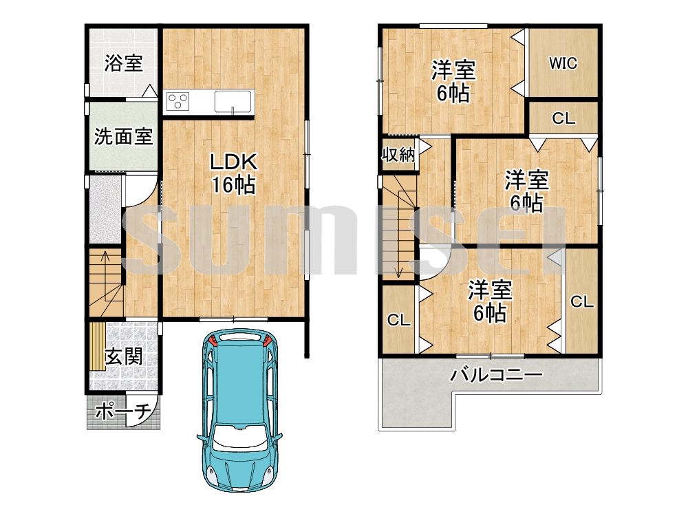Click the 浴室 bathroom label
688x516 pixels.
[124, 64]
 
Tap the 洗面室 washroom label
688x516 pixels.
[123, 136]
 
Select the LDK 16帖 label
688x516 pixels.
[233, 173]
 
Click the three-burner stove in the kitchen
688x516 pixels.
[178, 102]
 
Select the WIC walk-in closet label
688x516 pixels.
[562, 63]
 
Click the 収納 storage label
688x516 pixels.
[398, 154]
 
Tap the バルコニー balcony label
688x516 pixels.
[497, 376]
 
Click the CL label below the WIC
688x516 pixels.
[563, 118]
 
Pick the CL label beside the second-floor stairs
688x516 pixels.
[398, 320]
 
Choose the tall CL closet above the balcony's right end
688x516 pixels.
[581, 301]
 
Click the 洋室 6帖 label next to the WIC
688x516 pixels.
[453, 81]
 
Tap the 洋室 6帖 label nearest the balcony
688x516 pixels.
[490, 301]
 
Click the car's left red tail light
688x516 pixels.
[213, 341]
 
